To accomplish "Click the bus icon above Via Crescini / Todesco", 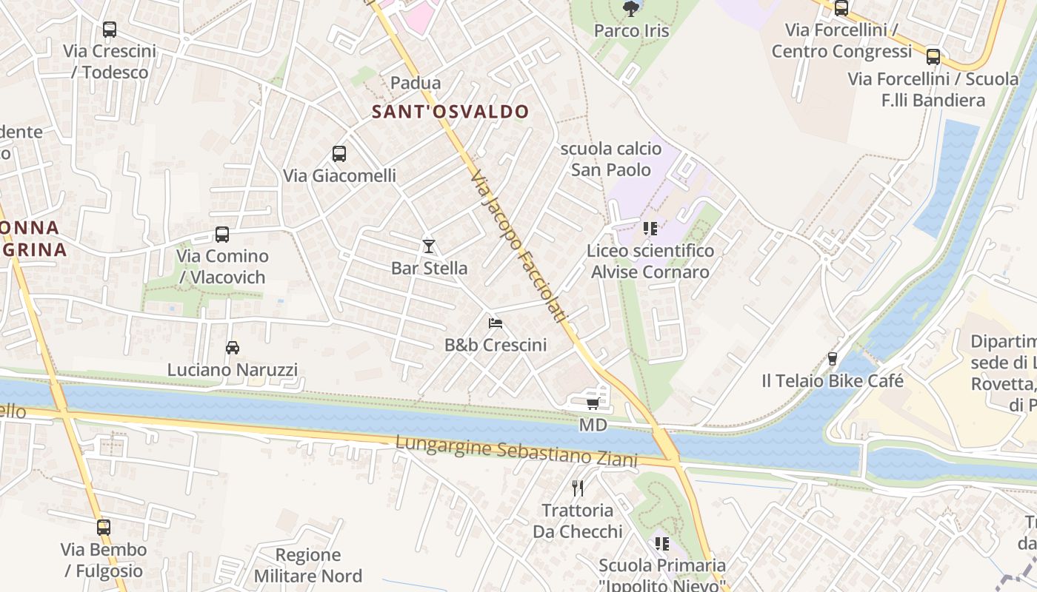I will (x=110, y=30).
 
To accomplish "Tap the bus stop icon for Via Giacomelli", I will (x=339, y=154).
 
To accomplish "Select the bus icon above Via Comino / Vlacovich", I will (x=222, y=235).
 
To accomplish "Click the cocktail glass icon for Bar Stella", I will (x=429, y=246).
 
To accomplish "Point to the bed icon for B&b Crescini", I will (x=496, y=323).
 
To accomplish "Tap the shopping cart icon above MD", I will (x=593, y=403).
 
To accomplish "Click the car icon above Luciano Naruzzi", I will (x=233, y=347).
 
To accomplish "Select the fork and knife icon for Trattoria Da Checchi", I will (x=578, y=488).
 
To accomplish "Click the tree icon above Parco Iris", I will (x=631, y=9).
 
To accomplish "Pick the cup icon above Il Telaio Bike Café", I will (x=833, y=359).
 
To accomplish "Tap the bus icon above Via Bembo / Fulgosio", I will (x=104, y=528).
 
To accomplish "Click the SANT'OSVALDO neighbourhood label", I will (x=450, y=112).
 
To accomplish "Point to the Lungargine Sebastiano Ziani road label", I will (x=516, y=451).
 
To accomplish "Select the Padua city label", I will (x=416, y=83).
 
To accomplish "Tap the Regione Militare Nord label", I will (x=308, y=565).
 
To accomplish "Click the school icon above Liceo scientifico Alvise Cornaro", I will (x=650, y=229).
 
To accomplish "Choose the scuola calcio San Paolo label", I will (x=611, y=159).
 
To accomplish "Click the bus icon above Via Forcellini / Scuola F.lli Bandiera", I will (x=933, y=56).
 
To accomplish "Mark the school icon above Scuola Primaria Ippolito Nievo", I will (x=662, y=544).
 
